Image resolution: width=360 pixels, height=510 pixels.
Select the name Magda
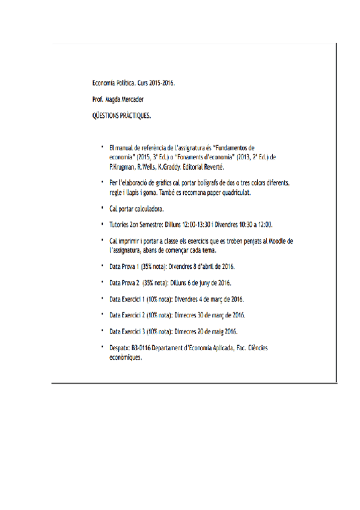pos(113,98)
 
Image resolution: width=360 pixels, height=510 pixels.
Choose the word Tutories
pos(121,225)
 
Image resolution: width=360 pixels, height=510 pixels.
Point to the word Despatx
pos(120,348)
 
